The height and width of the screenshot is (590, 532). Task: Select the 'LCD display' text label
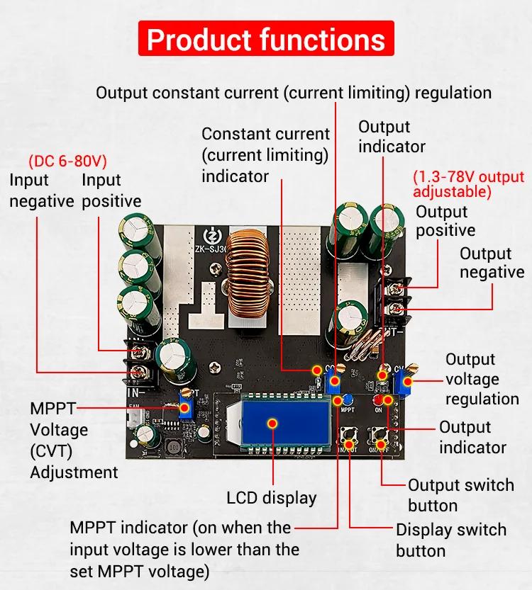point(272,498)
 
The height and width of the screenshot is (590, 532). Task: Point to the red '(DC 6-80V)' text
point(67,160)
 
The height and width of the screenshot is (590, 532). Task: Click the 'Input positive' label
point(111,191)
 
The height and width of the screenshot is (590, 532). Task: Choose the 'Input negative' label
point(41,191)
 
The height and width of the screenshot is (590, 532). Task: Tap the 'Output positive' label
point(445,221)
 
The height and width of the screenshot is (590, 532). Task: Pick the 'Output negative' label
point(492,263)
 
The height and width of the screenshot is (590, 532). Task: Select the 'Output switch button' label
point(460,495)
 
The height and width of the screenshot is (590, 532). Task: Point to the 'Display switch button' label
point(450,540)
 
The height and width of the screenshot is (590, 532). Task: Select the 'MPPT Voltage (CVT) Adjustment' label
point(73,440)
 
